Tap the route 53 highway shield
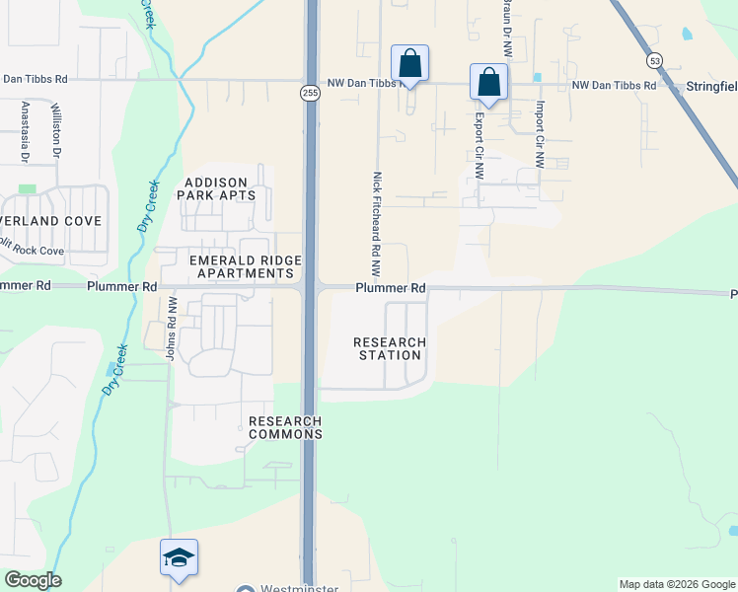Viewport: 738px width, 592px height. (655, 60)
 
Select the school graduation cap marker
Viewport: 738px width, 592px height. (180, 557)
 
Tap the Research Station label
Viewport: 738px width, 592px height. (391, 348)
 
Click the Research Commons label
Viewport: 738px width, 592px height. (285, 427)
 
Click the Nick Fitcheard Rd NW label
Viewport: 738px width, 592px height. (377, 224)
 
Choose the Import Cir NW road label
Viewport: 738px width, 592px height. (540, 134)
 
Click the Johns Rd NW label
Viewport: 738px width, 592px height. (171, 329)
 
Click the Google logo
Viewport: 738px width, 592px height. (33, 580)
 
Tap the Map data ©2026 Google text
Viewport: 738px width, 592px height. (676, 584)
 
